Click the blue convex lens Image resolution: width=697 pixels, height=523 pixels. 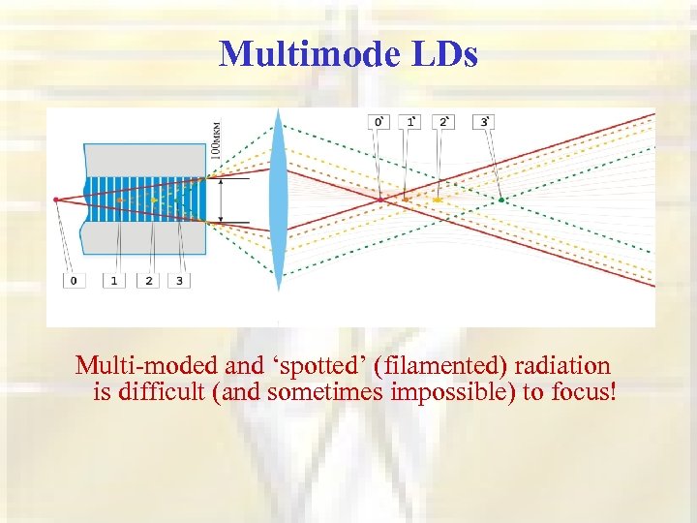pyautogui.click(x=279, y=199)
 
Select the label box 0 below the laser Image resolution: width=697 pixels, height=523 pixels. pyautogui.click(x=74, y=281)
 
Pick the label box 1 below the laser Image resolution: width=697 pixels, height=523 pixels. pyautogui.click(x=114, y=281)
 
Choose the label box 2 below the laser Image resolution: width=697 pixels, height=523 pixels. pyautogui.click(x=149, y=281)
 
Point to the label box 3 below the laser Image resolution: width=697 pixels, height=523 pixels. pyautogui.click(x=179, y=281)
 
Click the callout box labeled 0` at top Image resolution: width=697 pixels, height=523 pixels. pyautogui.click(x=380, y=121)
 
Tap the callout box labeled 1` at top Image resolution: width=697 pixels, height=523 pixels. pyautogui.click(x=411, y=121)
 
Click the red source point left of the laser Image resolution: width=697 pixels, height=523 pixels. pyautogui.click(x=57, y=199)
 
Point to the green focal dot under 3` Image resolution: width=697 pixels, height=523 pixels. pyautogui.click(x=501, y=200)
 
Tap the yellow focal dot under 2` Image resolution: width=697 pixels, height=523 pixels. pyautogui.click(x=438, y=200)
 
